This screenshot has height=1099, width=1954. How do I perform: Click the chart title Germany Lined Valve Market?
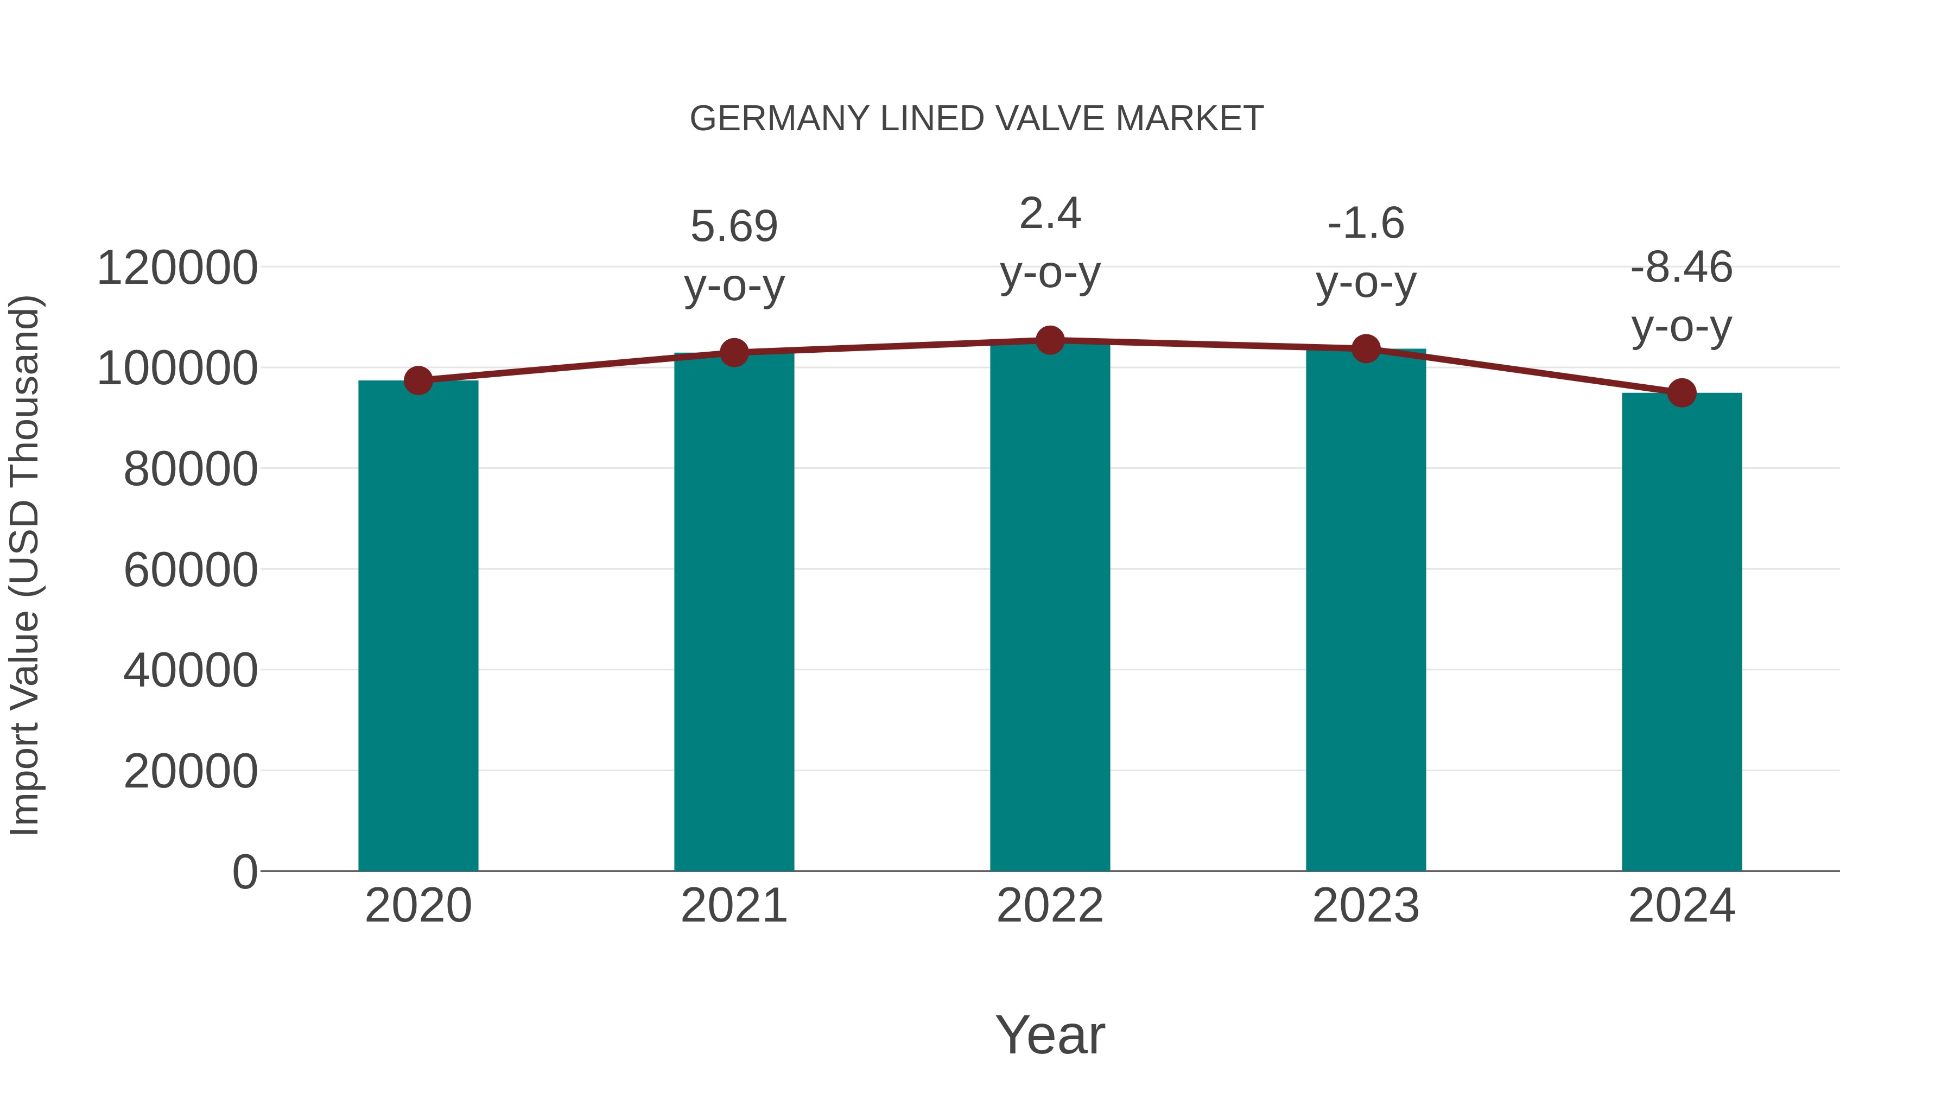pos(976,119)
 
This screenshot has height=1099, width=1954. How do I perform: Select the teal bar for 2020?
pos(418,626)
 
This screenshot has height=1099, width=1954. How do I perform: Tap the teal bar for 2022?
pos(1050,607)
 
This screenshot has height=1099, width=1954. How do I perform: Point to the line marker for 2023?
pos(1366,349)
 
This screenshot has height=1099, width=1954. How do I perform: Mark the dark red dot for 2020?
pos(418,381)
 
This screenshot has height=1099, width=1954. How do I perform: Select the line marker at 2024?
pos(1682,393)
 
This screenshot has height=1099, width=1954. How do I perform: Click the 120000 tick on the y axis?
pos(177,269)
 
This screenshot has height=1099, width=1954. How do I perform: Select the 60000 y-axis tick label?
pos(191,570)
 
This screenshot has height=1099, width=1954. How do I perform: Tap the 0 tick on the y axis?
pos(245,872)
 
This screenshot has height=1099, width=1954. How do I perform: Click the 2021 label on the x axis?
pos(733,906)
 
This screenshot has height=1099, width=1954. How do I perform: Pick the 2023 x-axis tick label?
pos(1366,906)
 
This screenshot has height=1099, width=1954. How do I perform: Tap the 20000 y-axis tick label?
pos(191,772)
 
